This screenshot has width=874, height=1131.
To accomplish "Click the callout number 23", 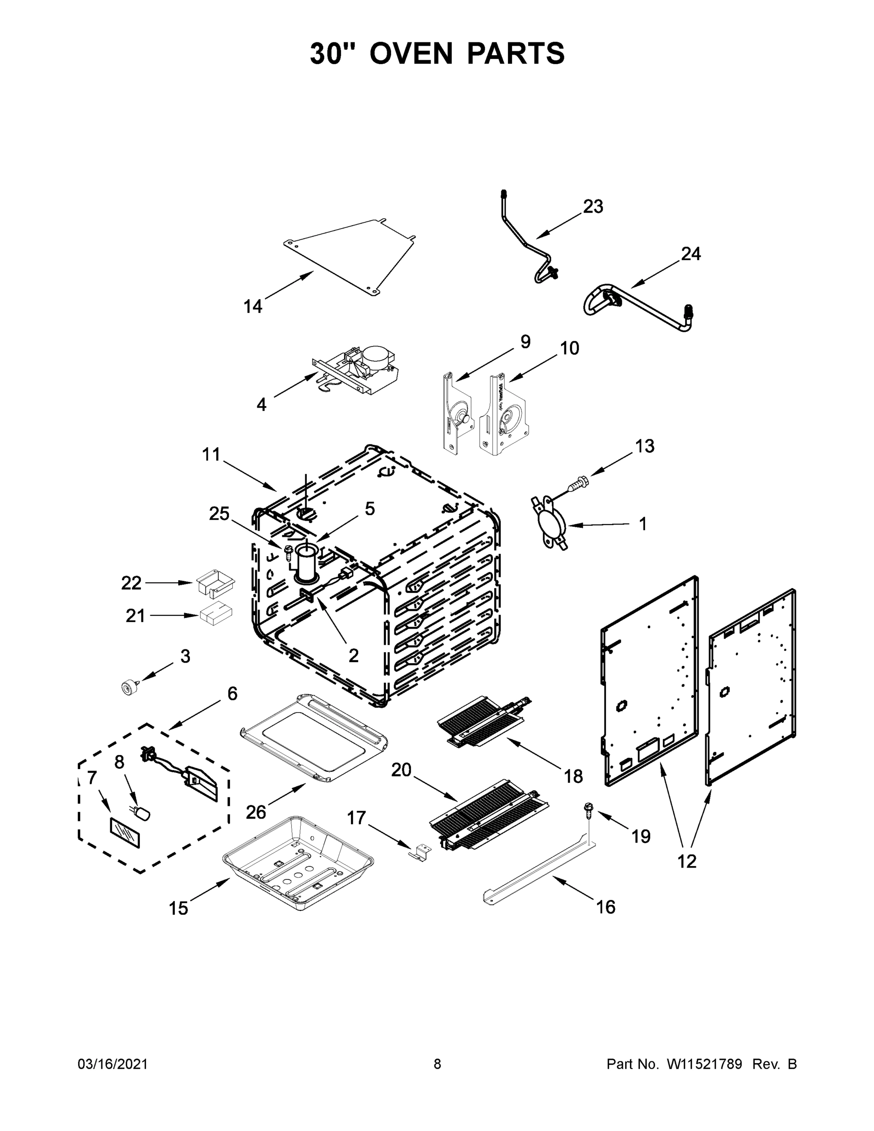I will point(593,206).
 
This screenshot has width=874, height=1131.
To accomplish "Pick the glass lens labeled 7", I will point(124,833).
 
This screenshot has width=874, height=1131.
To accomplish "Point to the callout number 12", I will point(687,861).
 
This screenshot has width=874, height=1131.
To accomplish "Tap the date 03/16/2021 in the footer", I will point(112,1064).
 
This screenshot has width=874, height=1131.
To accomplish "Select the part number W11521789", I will point(704,1064).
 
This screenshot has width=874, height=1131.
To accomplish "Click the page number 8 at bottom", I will point(437,1064).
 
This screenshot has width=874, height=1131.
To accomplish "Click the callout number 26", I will point(256,811).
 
